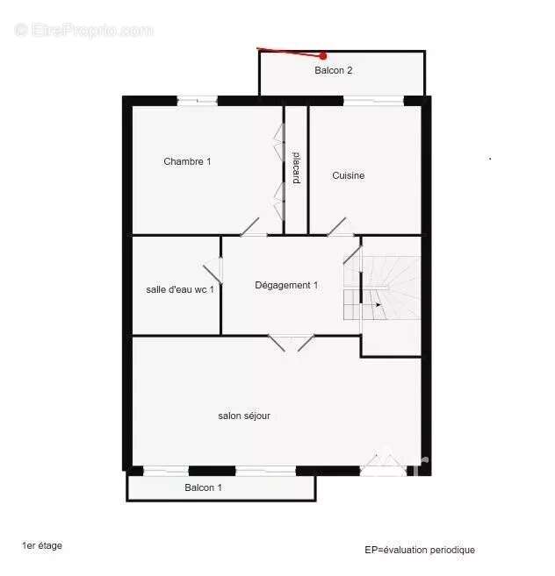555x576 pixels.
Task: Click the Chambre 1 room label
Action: (187, 161)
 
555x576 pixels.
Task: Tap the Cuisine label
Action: (348, 175)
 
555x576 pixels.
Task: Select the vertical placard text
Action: (296, 167)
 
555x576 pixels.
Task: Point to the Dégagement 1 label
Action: (286, 286)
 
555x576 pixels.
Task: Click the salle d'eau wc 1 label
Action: (180, 289)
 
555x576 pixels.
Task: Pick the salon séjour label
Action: (244, 416)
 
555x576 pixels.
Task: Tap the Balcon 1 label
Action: (203, 487)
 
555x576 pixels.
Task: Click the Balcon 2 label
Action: (334, 70)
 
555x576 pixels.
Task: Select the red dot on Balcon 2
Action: (323, 56)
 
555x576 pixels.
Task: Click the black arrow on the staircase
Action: (378, 304)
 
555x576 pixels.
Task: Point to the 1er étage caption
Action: (42, 546)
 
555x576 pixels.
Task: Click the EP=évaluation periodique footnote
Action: (420, 550)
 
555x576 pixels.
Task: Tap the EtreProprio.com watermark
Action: (84, 30)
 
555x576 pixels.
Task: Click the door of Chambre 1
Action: (249, 227)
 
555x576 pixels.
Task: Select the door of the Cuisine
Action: (336, 227)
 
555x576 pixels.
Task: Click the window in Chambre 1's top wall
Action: (198, 100)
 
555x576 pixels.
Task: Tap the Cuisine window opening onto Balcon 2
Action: (373, 100)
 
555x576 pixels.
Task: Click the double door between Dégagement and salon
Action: (292, 343)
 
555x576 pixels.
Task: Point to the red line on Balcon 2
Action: (290, 52)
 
